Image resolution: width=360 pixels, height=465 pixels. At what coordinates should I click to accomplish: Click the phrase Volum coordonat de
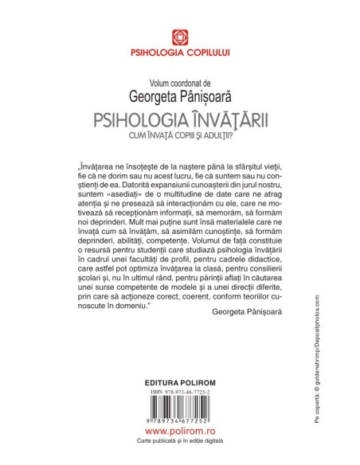[179, 82]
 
